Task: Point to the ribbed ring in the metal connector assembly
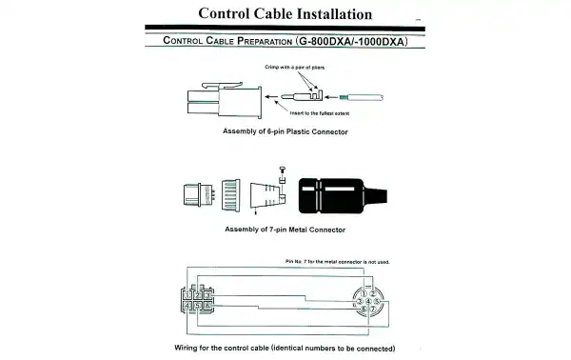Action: pos(230,197)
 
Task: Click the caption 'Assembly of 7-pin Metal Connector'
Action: pos(284,230)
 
